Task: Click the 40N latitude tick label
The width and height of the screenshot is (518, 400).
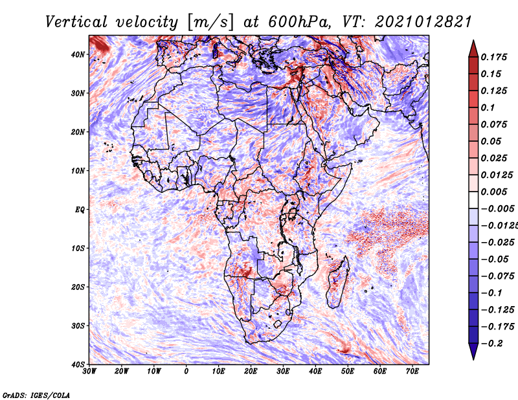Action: (x=77, y=54)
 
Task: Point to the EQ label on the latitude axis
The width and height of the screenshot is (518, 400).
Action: (x=80, y=210)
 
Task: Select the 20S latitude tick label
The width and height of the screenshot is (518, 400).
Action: (x=77, y=287)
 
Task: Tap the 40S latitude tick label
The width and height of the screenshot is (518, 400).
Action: (x=77, y=364)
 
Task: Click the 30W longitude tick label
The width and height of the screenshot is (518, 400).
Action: (x=89, y=372)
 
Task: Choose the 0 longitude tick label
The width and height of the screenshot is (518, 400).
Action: (x=186, y=372)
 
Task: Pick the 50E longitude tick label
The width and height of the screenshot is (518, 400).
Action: (x=348, y=372)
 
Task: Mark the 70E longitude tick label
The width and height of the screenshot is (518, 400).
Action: (x=412, y=372)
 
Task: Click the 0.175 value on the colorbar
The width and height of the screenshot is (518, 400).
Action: (x=493, y=57)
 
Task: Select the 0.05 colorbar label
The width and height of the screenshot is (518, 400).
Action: (x=491, y=141)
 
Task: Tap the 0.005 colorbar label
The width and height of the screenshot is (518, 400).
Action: (x=493, y=192)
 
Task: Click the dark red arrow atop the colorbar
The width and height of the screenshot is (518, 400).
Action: (x=473, y=49)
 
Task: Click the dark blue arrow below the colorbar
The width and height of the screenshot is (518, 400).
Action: (x=473, y=351)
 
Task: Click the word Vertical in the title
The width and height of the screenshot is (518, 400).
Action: (x=76, y=22)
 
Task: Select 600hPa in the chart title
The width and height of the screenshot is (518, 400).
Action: (x=299, y=22)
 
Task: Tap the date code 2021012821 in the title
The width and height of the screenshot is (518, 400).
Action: (x=423, y=22)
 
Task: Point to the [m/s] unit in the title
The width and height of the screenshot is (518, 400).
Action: (x=210, y=23)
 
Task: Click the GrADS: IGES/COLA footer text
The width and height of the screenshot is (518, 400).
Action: (x=36, y=395)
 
